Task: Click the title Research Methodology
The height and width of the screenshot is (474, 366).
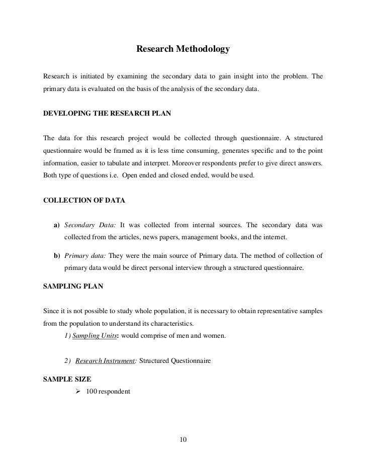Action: pos(183,50)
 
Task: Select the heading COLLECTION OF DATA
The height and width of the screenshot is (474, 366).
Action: pos(84,200)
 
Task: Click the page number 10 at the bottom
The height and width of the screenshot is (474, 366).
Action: pos(183,441)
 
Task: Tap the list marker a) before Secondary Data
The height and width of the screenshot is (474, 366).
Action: pos(57,224)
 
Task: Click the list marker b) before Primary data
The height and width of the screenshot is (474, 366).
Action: pos(57,255)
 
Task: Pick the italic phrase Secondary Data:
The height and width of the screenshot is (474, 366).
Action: pos(90,224)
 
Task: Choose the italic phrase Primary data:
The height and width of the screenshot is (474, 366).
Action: pos(85,255)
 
